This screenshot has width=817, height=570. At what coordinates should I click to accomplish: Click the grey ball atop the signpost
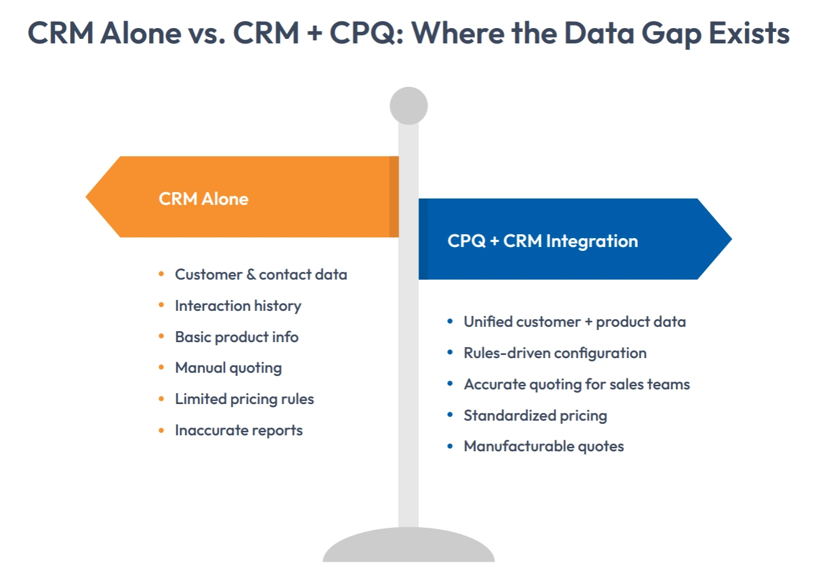[408, 106]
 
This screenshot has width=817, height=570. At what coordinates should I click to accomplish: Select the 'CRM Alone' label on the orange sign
[203, 199]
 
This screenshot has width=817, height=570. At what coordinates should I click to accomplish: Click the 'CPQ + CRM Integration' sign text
[542, 241]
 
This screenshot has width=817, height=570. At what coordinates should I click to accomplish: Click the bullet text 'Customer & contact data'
[261, 274]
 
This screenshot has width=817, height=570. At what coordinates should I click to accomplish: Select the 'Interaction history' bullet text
[238, 306]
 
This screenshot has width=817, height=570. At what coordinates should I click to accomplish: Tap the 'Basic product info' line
[237, 336]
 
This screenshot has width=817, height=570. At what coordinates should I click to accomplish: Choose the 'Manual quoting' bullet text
[228, 368]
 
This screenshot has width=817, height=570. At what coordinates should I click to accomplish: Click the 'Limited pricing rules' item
[244, 399]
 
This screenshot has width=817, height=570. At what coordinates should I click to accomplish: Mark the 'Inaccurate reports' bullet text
[239, 430]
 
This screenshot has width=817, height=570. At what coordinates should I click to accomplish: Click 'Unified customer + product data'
[574, 322]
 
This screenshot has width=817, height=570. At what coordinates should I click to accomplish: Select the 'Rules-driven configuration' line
[555, 353]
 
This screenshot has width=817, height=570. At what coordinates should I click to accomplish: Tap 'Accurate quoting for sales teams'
[577, 384]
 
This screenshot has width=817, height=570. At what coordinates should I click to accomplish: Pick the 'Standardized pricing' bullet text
[535, 416]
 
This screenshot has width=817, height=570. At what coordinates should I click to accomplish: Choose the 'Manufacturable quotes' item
[543, 446]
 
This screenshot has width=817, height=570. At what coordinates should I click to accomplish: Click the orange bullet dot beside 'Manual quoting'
[161, 368]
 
